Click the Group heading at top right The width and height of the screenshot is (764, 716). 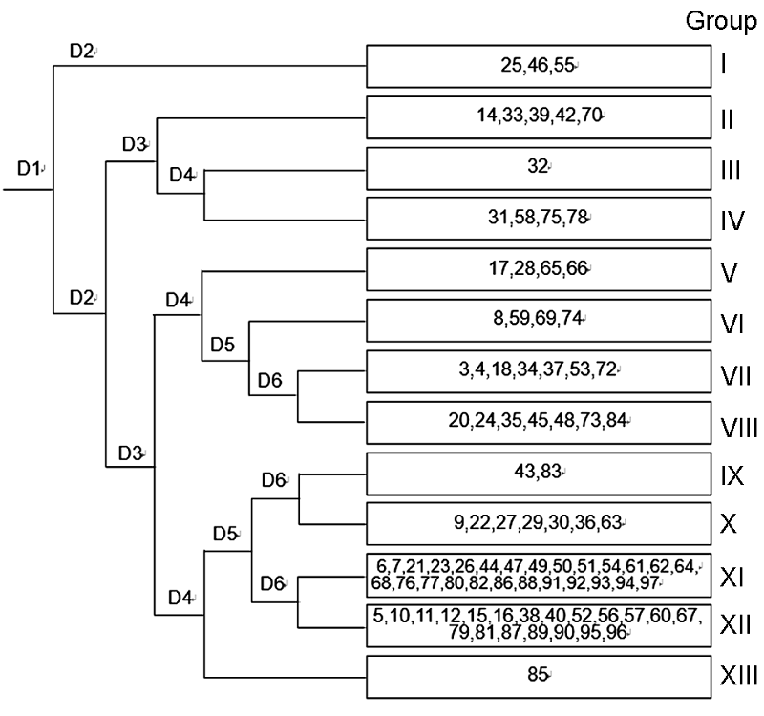pyautogui.click(x=721, y=22)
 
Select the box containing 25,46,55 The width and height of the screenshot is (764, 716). pyautogui.click(x=539, y=66)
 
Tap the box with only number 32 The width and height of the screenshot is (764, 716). pyautogui.click(x=539, y=168)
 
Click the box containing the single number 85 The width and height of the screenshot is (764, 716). pyautogui.click(x=539, y=677)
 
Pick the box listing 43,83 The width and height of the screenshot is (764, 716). pyautogui.click(x=539, y=474)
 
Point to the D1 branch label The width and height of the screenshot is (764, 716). pyautogui.click(x=29, y=168)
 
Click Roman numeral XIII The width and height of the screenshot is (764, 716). pyautogui.click(x=738, y=676)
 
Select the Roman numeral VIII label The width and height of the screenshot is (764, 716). pyautogui.click(x=738, y=428)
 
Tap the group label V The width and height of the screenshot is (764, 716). pyautogui.click(x=729, y=272)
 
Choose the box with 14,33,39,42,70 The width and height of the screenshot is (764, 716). pyautogui.click(x=539, y=117)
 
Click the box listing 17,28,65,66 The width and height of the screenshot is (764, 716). pyautogui.click(x=539, y=269)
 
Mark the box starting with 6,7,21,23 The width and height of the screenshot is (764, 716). pyautogui.click(x=539, y=576)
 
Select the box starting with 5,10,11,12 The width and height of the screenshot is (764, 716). pyautogui.click(x=539, y=626)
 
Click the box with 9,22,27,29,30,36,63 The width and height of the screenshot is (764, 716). pyautogui.click(x=539, y=523)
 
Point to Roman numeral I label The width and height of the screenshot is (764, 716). pyautogui.click(x=724, y=64)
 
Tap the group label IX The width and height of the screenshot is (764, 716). pyautogui.click(x=732, y=475)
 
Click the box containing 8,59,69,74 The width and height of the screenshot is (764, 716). pyautogui.click(x=539, y=321)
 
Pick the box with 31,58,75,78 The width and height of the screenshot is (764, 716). pyautogui.click(x=539, y=219)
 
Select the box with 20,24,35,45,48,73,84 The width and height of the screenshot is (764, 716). pyautogui.click(x=539, y=423)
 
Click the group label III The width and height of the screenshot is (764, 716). pyautogui.click(x=731, y=171)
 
